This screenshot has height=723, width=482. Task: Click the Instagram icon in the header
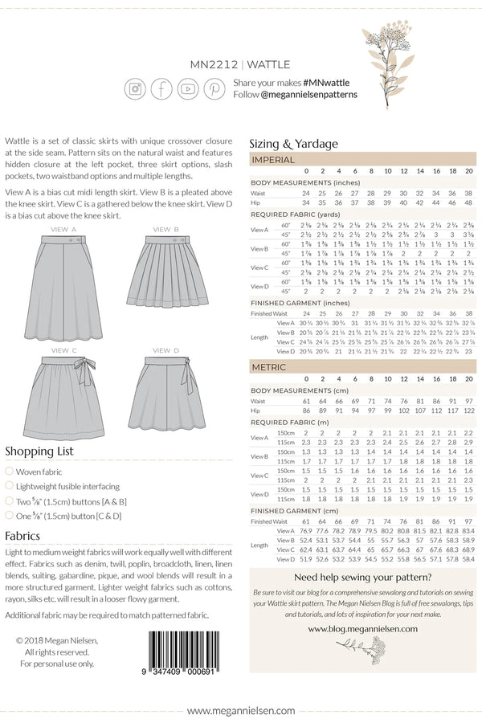(x=135, y=88)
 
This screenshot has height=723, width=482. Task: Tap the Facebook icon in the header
(x=161, y=88)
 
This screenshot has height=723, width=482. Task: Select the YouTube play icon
(x=188, y=88)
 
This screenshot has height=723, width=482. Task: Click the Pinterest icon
(x=214, y=88)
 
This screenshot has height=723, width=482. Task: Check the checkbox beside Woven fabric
(x=9, y=472)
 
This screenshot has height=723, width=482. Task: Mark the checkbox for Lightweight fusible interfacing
(x=9, y=486)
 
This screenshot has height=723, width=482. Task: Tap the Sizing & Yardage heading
(x=293, y=144)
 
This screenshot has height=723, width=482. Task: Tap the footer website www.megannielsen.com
(x=240, y=711)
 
